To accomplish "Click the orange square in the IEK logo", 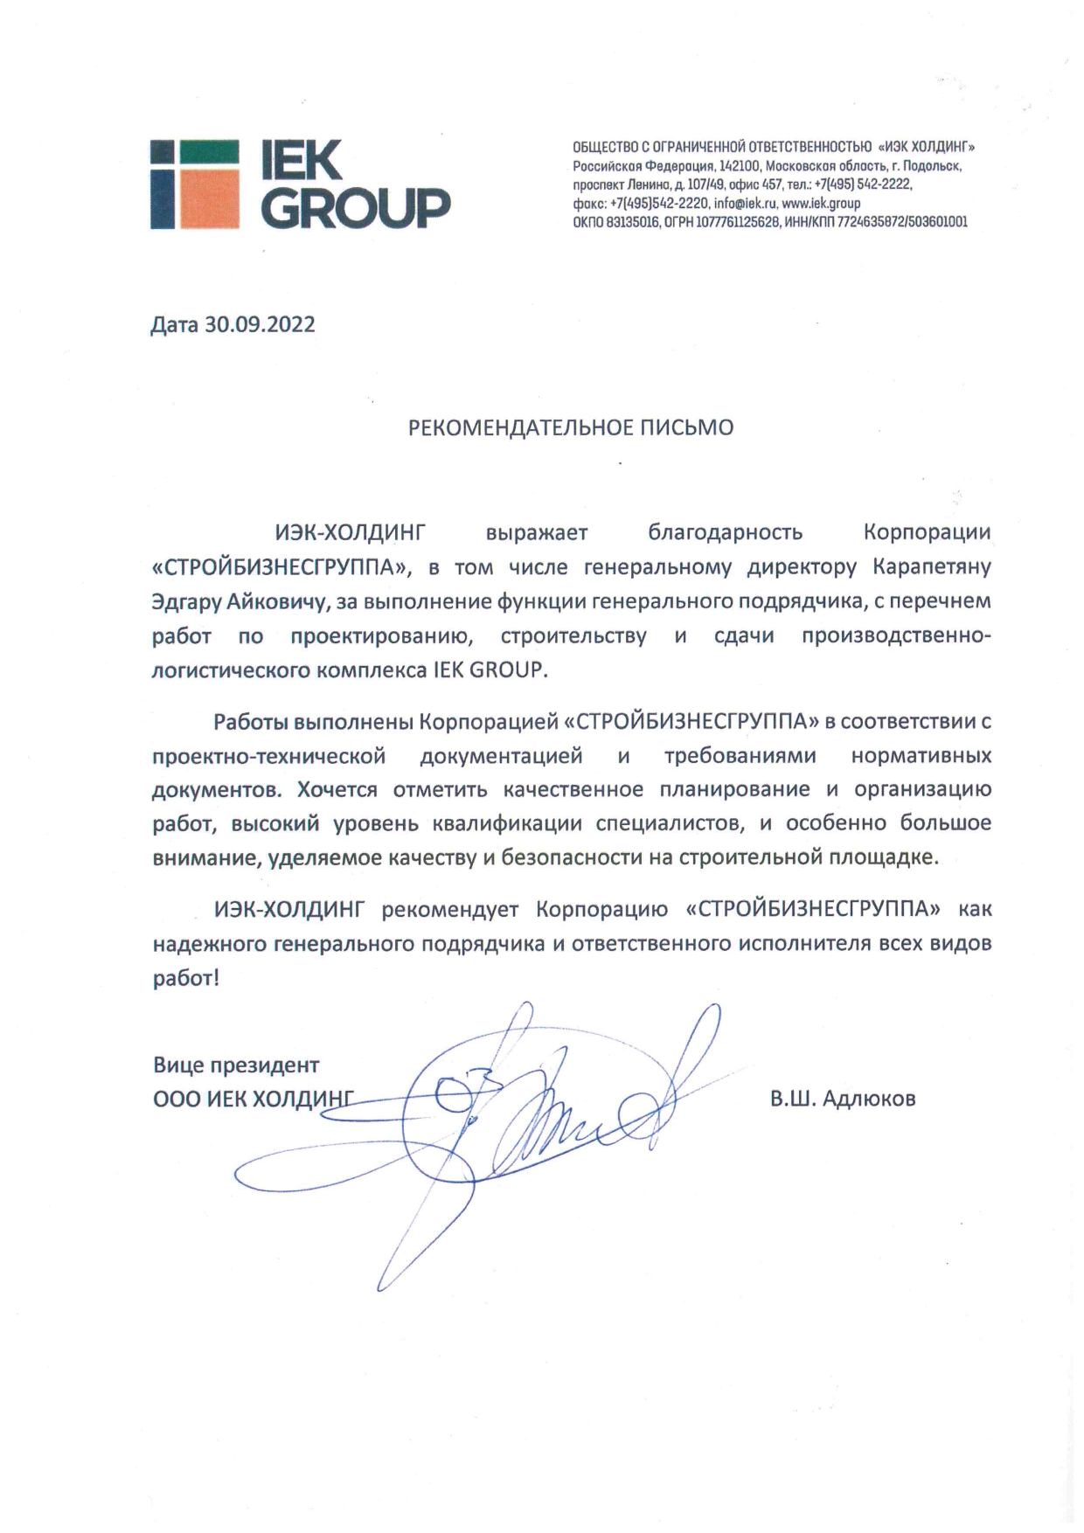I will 208,198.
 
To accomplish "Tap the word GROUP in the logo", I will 356,207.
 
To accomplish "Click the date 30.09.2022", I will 260,325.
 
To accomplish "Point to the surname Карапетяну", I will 932,567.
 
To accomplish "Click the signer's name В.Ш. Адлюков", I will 843,1099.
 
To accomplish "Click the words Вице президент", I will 236,1065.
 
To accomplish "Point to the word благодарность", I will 725,532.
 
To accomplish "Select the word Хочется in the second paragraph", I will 337,790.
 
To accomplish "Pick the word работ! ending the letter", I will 185,978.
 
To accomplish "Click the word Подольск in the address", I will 933,165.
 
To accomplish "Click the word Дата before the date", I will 175,325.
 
